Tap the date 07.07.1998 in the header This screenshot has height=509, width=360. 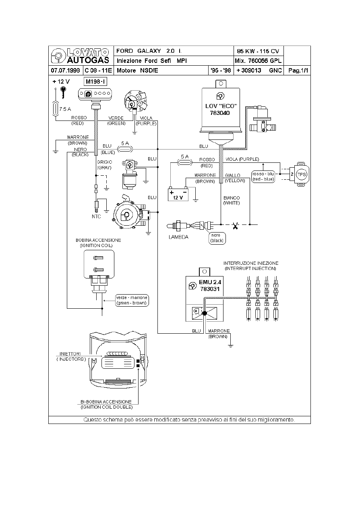65,71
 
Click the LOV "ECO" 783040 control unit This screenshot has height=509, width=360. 221,109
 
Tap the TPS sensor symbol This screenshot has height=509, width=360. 301,174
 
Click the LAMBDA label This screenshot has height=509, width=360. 178,237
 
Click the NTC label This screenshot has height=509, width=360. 96,216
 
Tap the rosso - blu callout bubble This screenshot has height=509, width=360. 263,176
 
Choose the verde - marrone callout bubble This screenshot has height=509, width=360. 132,300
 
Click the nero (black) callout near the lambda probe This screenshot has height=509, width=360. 217,238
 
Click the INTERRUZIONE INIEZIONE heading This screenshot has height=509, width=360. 250,266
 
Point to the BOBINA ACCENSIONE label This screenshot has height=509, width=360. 98,243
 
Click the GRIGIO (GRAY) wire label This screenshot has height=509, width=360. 104,164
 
